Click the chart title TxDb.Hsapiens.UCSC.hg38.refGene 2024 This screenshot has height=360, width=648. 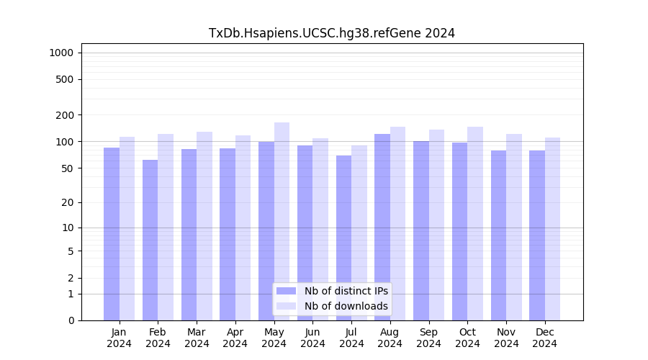click(x=331, y=33)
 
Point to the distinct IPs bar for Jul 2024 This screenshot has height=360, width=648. click(x=343, y=238)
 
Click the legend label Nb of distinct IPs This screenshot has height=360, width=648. click(x=346, y=291)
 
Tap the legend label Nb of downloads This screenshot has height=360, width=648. click(x=346, y=306)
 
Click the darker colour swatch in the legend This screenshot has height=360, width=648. click(x=287, y=291)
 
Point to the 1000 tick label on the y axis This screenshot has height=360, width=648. click(x=61, y=53)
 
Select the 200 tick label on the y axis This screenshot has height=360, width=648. click(x=66, y=115)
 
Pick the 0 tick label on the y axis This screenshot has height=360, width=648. click(x=71, y=320)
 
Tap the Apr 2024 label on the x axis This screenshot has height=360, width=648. click(x=235, y=338)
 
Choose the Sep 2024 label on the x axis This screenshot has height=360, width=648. click(x=428, y=338)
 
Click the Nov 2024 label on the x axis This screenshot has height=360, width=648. click(x=506, y=338)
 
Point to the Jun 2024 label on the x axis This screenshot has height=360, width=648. click(x=312, y=338)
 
